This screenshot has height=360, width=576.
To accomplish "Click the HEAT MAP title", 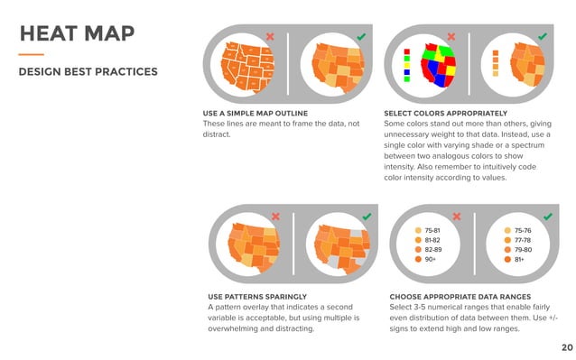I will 77,34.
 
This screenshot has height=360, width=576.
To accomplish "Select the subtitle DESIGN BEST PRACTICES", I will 88,71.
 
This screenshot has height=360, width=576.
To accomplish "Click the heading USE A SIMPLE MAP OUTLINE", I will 249,113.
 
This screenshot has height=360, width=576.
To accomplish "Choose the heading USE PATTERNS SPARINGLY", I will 256,297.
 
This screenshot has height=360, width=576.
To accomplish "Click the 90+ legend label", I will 432,260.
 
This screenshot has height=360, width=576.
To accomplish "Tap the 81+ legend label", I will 519,260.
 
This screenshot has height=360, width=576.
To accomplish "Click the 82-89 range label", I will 434,250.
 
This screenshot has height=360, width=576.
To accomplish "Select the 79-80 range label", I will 523,250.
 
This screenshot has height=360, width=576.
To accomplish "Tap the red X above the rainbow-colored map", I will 451,37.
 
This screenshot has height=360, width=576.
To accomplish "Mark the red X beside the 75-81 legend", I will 456,217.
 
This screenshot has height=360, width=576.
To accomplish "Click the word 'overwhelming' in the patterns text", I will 237,329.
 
